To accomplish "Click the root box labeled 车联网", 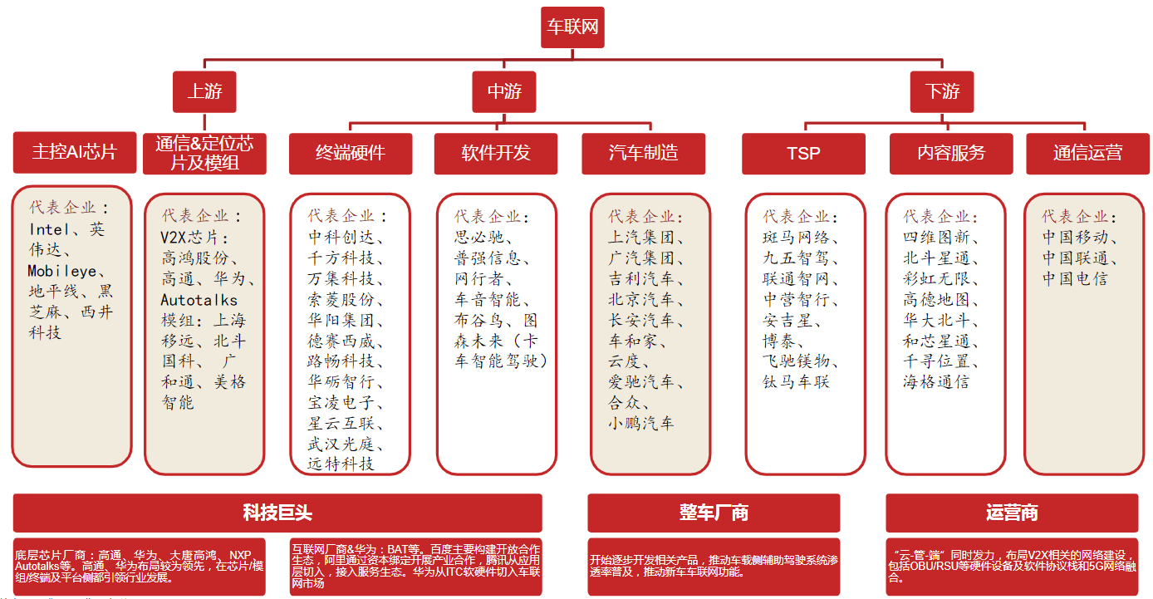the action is [572, 27].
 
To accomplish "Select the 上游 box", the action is [204, 91].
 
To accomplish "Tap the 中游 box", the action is [503, 91].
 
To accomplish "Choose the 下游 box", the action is [942, 91].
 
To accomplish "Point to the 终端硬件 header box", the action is [351, 153].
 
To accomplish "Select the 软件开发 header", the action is [496, 153].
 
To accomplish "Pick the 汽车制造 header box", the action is [643, 153].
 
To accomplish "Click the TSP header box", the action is [803, 153].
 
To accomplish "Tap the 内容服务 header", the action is [951, 153].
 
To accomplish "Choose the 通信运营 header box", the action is [1087, 153].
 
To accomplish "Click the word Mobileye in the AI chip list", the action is [62, 271].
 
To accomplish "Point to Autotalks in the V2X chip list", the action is [199, 300].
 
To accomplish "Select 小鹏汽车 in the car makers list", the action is [640, 423].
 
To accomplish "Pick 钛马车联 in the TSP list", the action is [796, 382].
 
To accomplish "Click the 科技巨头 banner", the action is [277, 513].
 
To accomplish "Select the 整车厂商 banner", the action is [714, 513].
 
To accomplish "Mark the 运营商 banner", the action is [1012, 513].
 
